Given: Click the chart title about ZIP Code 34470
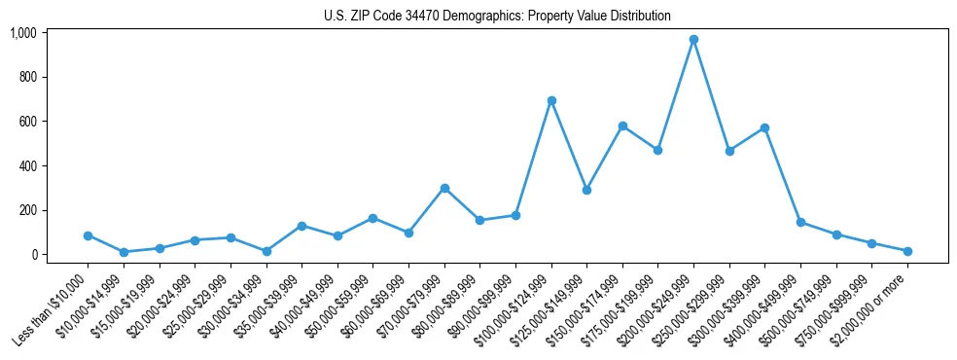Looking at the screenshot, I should coord(497,17).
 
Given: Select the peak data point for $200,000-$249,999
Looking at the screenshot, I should coord(693,40).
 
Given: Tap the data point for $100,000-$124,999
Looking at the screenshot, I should coord(551,100).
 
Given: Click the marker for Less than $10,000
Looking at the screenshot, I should coord(88,235).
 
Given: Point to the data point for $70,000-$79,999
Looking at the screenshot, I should coord(444,188).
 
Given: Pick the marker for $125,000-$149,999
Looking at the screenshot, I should coord(586,190).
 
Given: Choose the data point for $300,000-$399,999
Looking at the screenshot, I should coord(765,127).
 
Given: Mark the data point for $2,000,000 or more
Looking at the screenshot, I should coord(907,251).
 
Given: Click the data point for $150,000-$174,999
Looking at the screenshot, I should coord(622,126).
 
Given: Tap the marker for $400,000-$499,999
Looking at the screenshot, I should coord(800,222).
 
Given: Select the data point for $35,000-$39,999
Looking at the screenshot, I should coord(301,226).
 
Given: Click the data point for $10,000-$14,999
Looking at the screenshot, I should coord(124,252).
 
